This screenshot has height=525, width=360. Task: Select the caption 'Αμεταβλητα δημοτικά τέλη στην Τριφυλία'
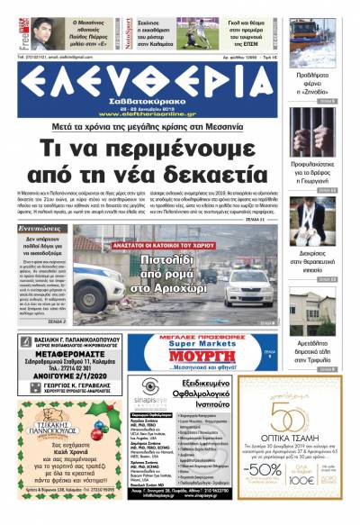[314, 356]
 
